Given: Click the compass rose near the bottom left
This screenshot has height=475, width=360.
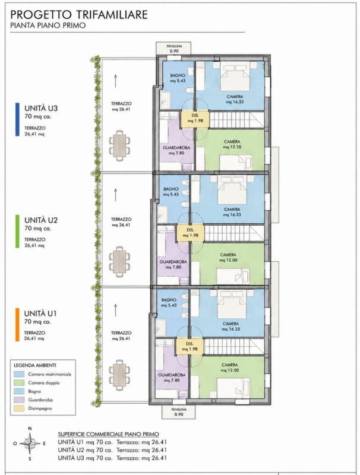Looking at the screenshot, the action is pyautogui.click(x=30, y=444).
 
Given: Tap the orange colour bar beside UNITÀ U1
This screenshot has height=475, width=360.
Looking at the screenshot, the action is pyautogui.click(x=17, y=324).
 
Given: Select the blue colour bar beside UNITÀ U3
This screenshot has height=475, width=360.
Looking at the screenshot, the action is pyautogui.click(x=17, y=119).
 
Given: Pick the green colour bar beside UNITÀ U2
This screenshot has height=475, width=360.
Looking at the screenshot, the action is pyautogui.click(x=17, y=232).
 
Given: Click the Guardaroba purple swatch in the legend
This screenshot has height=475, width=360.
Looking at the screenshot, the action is pyautogui.click(x=20, y=400).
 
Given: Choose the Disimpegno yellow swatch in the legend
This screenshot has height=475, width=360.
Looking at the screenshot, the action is pyautogui.click(x=20, y=408).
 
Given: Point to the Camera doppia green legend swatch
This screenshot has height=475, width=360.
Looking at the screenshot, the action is pyautogui.click(x=20, y=382).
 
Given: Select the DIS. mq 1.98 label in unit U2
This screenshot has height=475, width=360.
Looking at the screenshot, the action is pyautogui.click(x=190, y=232).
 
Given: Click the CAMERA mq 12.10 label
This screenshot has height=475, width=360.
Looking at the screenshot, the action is pyautogui.click(x=232, y=144).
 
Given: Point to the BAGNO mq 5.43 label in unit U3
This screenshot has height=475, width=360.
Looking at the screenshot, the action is pyautogui.click(x=178, y=78).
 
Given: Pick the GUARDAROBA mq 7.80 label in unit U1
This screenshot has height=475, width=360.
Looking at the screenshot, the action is pyautogui.click(x=172, y=378).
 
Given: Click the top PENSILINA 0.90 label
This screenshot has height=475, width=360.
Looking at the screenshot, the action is pyautogui.click(x=174, y=49).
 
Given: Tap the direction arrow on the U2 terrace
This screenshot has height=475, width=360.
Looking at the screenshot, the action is pyautogui.click(x=115, y=195).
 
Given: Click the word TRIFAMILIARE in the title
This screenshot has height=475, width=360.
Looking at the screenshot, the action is pyautogui.click(x=115, y=14).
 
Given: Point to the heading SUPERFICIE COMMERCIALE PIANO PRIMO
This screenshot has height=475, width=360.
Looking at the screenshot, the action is pyautogui.click(x=109, y=434).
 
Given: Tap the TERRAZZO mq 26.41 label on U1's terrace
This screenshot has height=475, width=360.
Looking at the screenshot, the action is pyautogui.click(x=121, y=335).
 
